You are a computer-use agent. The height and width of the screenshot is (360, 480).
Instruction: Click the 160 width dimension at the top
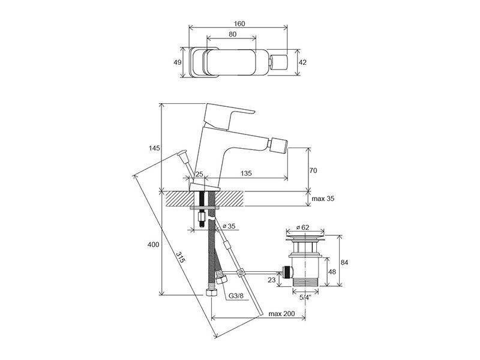pos(239,23)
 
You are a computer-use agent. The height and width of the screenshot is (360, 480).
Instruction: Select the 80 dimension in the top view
pos(232,34)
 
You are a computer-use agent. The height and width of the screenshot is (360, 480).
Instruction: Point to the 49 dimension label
pos(178,62)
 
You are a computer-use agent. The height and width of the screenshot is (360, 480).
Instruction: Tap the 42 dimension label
pos(302,62)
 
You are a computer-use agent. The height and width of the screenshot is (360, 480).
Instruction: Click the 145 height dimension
pos(155,148)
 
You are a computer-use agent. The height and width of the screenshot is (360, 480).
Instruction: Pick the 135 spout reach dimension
pos(246,173)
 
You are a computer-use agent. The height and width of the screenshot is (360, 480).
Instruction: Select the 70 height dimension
pos(313,170)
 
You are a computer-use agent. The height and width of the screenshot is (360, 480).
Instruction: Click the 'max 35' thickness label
pos(323,199)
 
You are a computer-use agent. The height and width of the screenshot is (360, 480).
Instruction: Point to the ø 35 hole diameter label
pos(229,226)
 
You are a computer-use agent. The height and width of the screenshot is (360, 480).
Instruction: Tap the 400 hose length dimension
pos(154,244)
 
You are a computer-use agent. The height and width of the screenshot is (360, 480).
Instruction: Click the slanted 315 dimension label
pos(181,258)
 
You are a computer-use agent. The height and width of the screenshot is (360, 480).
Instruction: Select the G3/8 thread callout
pos(236,296)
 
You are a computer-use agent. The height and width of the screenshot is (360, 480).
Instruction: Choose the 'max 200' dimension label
pos(281,314)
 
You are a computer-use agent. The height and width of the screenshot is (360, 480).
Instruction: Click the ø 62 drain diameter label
pos(303,227)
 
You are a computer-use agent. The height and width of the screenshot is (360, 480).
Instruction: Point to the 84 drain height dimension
pos(344,262)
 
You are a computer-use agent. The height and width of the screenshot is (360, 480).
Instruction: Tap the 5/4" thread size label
pos(305,296)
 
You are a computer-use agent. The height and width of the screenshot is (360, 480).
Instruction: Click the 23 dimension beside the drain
pos(272,280)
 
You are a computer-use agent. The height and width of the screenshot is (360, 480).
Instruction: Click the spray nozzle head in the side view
pos(278,145)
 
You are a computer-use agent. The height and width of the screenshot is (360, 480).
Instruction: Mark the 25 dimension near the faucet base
pos(199,174)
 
